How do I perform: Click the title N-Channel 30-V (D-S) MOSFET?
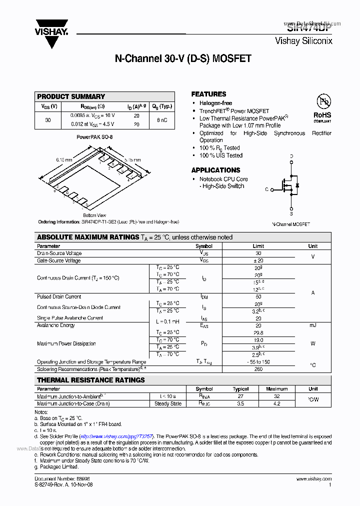coord(183,59)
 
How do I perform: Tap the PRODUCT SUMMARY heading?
coord(71,96)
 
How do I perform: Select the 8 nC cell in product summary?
coord(162,120)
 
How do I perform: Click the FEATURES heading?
coord(208,94)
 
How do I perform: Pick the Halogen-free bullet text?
coord(215,103)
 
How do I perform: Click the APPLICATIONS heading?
coord(215,170)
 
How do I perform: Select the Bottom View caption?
coord(94,215)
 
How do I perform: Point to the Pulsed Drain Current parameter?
coord(59,296)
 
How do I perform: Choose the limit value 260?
coord(258,369)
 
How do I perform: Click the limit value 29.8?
coord(258,332)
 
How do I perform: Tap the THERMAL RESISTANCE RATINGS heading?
coord(90,380)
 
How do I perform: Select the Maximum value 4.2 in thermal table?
coord(277,403)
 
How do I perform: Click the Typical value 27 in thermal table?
coord(240,396)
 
